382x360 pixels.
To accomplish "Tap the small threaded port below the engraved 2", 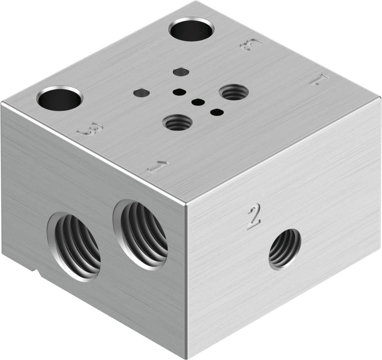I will point(285,249).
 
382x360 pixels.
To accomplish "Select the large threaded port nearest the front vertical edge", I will point(142,234).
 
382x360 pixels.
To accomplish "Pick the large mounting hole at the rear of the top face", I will point(191,29).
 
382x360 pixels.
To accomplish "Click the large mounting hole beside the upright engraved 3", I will point(60,98).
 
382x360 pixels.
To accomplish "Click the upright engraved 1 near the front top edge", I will point(158,167).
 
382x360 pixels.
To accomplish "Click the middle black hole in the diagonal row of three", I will point(198,102).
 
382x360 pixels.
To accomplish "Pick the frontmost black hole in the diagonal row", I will point(217,112).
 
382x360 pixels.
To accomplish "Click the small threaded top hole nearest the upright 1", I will point(177,123).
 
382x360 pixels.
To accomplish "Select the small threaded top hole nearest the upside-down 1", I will point(234,92).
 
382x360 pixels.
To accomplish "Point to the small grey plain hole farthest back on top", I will point(181,72).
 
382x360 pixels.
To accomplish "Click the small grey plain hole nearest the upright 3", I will point(141,93).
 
